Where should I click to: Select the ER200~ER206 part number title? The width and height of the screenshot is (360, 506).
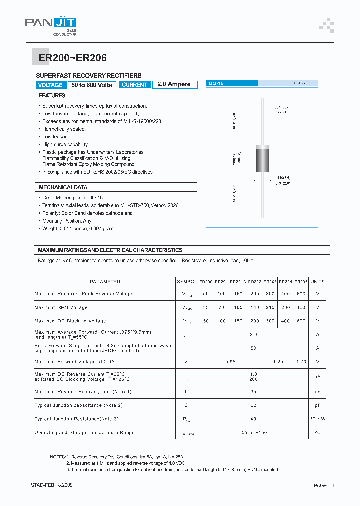click(70, 58)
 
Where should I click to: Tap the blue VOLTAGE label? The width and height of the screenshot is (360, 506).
click(50, 85)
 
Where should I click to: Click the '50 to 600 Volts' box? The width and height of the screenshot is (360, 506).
click(92, 85)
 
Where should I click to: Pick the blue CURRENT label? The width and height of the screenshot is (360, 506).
click(134, 85)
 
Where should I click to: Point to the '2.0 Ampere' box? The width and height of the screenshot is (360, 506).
click(174, 84)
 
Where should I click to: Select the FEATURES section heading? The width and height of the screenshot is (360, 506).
click(52, 95)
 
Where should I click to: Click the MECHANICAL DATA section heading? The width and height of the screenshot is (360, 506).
click(63, 187)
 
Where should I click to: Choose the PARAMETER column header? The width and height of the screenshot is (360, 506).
click(105, 282)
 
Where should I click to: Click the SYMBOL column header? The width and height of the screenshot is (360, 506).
click(187, 282)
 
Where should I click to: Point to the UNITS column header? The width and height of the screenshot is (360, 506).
click(318, 282)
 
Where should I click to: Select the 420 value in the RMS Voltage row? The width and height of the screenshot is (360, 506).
click(301, 307)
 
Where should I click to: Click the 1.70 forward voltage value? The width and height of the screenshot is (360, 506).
click(301, 361)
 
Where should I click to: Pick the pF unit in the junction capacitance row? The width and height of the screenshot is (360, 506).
click(318, 405)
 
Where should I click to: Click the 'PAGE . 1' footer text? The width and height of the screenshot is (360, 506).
click(324, 485)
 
